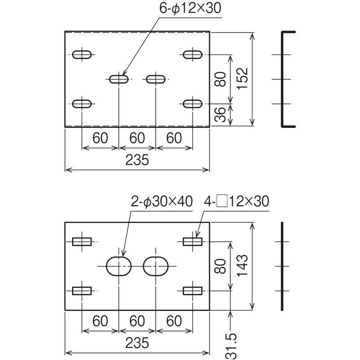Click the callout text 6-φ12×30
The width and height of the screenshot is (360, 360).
[x=191, y=9]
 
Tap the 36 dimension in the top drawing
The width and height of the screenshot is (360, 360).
[x=220, y=115]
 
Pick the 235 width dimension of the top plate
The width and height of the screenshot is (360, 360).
[x=137, y=161]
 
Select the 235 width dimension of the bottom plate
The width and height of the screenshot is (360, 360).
[x=137, y=343]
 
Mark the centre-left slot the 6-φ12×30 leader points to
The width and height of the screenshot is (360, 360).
[x=118, y=79]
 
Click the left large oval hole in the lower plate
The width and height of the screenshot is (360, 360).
[x=118, y=266]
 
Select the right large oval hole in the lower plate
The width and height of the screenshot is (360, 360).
[x=156, y=266]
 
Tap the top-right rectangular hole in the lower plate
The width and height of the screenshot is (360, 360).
[x=193, y=242]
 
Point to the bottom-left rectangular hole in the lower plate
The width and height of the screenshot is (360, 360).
[x=82, y=291]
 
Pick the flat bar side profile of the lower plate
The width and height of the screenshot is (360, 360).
[x=283, y=266]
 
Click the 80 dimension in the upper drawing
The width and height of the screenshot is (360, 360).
[x=220, y=80]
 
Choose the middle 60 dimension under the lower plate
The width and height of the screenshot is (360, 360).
[x=137, y=321]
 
